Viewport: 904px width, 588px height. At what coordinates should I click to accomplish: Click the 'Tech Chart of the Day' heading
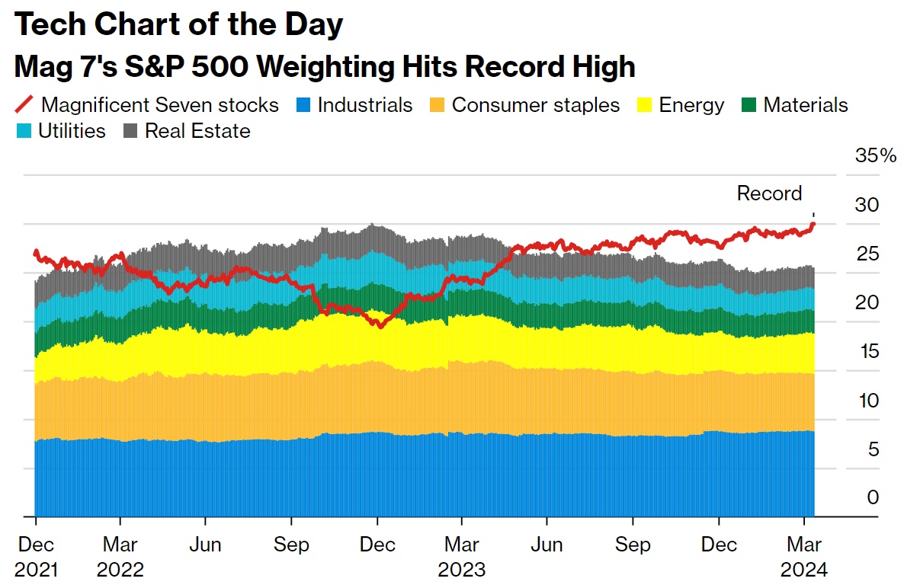point(178,25)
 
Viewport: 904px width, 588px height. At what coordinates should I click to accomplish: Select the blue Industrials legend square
point(304,104)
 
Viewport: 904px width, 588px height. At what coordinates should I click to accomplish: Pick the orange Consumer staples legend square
point(438,104)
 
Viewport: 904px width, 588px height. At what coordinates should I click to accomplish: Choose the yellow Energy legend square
point(646,104)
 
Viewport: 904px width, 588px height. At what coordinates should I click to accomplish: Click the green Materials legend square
point(749,104)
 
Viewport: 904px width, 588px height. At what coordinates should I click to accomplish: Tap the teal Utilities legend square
point(24,131)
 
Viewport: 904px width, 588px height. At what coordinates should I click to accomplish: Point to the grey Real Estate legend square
point(131,131)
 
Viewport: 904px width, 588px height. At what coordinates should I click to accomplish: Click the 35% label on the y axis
point(876,156)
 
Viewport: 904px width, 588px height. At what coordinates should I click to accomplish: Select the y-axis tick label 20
point(867,302)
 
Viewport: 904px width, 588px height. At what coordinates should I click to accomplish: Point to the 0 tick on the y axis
point(873,497)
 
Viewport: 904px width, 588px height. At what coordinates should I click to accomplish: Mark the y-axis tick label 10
point(867,400)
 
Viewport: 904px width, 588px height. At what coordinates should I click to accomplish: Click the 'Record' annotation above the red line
point(769,193)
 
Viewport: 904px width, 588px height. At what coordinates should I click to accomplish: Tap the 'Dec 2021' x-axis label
point(36,557)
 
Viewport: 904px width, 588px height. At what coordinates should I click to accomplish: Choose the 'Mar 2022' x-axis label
point(120,557)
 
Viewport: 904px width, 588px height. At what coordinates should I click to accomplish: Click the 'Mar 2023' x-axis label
point(461,557)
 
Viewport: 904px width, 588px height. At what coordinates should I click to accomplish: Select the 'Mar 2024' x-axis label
point(804,557)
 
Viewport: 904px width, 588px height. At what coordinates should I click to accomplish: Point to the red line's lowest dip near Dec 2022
point(378,325)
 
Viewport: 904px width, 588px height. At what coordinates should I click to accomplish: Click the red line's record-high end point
point(813,223)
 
